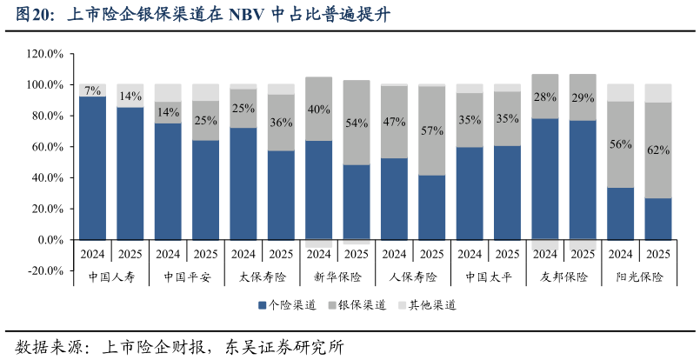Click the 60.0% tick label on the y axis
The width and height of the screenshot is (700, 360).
pyautogui.click(x=46, y=147)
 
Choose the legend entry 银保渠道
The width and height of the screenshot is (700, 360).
pyautogui.click(x=357, y=305)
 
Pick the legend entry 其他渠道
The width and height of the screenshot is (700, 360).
pyautogui.click(x=426, y=305)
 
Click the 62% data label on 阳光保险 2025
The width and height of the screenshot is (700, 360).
pyautogui.click(x=658, y=150)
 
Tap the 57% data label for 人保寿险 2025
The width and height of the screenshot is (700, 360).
pyautogui.click(x=432, y=130)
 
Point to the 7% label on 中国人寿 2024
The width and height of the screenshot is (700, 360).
pyautogui.click(x=92, y=90)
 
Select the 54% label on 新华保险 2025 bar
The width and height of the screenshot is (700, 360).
pyautogui.click(x=357, y=123)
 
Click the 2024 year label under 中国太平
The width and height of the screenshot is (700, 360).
pyautogui.click(x=470, y=255)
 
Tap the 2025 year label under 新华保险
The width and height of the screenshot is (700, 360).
pyautogui.click(x=357, y=255)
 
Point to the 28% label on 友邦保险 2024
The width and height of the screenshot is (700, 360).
pyautogui.click(x=545, y=97)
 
